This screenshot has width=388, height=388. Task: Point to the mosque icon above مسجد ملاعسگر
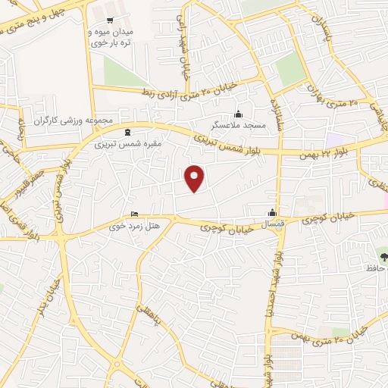238,114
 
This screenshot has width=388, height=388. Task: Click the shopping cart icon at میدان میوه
111,20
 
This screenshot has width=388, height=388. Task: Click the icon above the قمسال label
272,213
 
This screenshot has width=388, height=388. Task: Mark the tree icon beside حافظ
383,255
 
